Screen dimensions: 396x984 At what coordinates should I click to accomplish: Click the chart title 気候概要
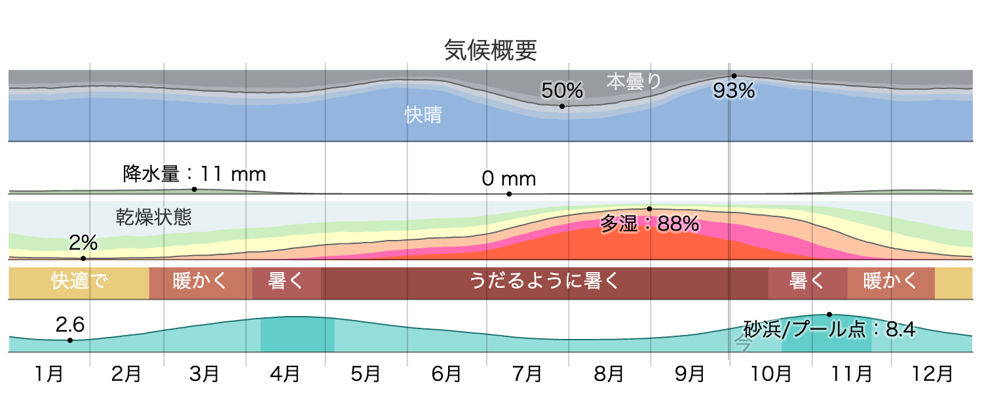(491, 50)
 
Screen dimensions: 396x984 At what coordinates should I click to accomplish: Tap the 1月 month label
(49, 374)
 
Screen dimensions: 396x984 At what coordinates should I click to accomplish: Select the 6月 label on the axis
(447, 374)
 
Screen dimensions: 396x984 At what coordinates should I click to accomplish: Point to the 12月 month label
(933, 374)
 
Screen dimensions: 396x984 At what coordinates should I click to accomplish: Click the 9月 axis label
(689, 374)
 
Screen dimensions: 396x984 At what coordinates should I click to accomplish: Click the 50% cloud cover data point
(562, 106)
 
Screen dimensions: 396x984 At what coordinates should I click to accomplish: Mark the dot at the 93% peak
(734, 76)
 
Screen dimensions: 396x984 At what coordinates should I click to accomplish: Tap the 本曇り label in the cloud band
(634, 81)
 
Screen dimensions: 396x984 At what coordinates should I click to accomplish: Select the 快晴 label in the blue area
(423, 115)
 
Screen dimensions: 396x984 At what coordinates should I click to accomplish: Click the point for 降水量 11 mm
(195, 189)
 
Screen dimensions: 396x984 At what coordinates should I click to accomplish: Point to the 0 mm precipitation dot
(509, 194)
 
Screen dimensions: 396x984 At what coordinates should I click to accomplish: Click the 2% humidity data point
(83, 258)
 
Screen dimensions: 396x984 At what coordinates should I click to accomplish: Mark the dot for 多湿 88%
(650, 208)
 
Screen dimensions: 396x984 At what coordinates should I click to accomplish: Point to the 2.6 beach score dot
(70, 340)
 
